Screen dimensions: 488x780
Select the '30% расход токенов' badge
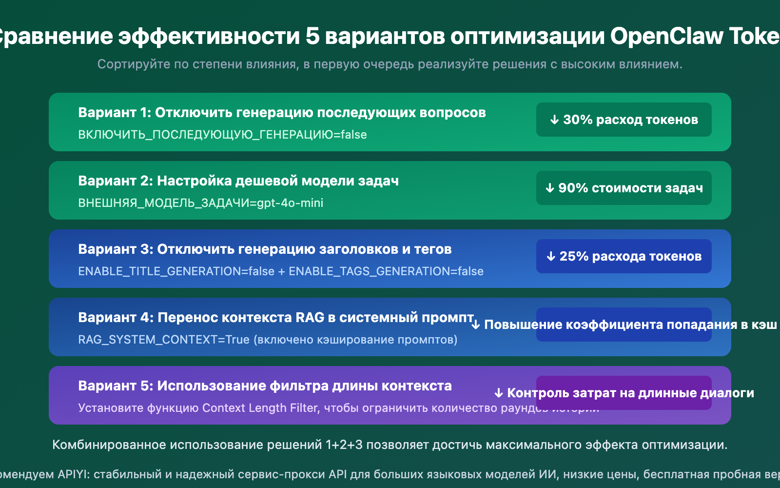(x=624, y=120)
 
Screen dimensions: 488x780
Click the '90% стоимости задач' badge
(x=624, y=188)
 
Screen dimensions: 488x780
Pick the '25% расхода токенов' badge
(x=624, y=256)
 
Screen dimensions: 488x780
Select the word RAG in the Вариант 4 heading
(x=310, y=318)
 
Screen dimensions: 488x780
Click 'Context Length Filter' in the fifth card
(x=260, y=408)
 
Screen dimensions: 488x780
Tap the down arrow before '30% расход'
(x=554, y=120)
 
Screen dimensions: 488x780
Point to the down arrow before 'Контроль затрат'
(x=499, y=393)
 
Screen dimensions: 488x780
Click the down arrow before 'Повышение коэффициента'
(x=476, y=325)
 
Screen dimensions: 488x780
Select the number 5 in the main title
(x=312, y=36)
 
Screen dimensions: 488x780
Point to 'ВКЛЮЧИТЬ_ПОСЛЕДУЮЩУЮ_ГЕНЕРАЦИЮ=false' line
(x=222, y=135)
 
